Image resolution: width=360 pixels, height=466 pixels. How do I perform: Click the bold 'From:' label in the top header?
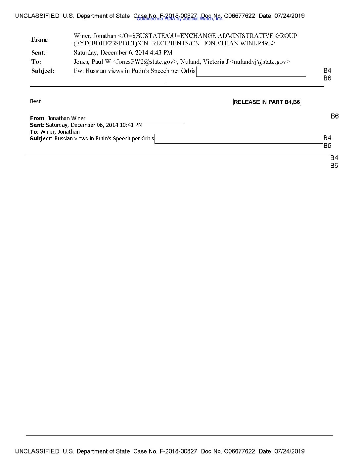[x=40, y=40]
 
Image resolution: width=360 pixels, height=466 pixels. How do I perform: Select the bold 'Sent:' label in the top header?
[x=39, y=53]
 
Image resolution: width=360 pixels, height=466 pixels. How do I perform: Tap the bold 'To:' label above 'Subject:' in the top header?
[x=36, y=62]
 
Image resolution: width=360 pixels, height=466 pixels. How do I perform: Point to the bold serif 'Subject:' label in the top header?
[x=43, y=71]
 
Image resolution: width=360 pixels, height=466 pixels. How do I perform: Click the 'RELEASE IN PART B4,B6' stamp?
[x=267, y=102]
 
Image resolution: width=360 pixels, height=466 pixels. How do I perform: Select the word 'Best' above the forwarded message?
[x=35, y=102]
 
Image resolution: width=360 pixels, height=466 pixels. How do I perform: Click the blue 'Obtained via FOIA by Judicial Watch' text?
[x=180, y=19]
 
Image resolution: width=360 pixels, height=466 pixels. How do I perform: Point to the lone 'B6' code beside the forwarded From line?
[x=335, y=116]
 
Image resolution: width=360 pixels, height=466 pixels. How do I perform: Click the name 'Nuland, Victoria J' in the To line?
[x=204, y=62]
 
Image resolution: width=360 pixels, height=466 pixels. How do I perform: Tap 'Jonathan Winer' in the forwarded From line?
[x=67, y=118]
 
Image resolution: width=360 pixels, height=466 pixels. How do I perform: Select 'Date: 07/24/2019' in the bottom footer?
[x=282, y=451]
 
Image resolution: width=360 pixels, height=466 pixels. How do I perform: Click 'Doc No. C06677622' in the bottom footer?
[x=228, y=451]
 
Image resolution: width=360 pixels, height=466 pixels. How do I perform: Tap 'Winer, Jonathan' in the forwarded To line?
[x=60, y=132]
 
